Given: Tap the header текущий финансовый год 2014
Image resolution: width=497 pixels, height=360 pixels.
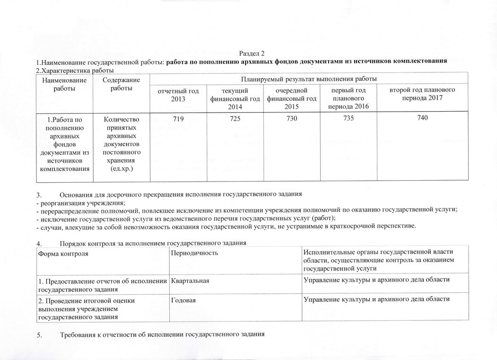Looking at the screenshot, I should [x=235, y=99].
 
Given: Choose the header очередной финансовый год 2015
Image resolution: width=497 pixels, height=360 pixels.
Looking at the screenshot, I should [x=291, y=99].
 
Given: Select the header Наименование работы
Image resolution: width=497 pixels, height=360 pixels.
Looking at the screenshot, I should [x=64, y=84].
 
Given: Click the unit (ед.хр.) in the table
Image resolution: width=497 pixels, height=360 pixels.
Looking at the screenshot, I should [x=122, y=168].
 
